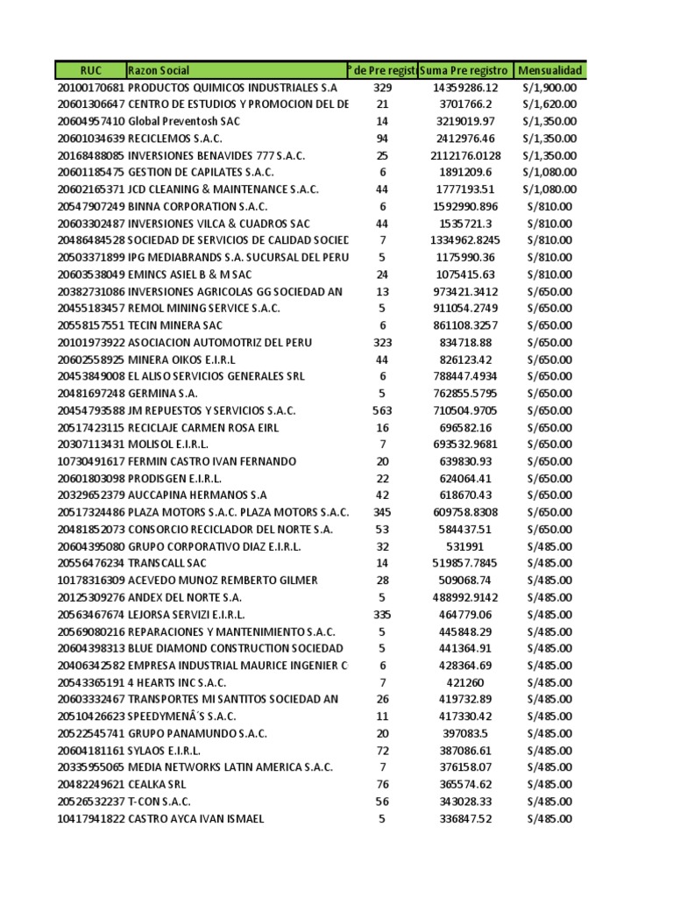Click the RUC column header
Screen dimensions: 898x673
coord(91,70)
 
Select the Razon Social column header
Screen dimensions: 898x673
coord(159,70)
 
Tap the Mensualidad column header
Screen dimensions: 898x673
coord(549,70)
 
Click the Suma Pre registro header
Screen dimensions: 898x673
coord(464,70)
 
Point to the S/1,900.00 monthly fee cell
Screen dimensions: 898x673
coord(549,88)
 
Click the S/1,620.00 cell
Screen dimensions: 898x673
coord(549,104)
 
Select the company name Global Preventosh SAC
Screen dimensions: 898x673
coord(184,121)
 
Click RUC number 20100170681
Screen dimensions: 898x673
coord(91,88)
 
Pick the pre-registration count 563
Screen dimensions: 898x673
coord(382,410)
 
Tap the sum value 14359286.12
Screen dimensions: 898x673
coord(464,88)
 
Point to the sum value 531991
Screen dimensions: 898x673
coord(464,546)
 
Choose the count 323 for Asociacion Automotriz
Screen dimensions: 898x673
coord(382,342)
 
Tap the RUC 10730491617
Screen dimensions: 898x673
coord(91,461)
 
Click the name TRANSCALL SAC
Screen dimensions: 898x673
coord(168,563)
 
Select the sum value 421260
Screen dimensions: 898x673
coord(464,682)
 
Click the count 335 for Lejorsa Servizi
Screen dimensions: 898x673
coord(382,614)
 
